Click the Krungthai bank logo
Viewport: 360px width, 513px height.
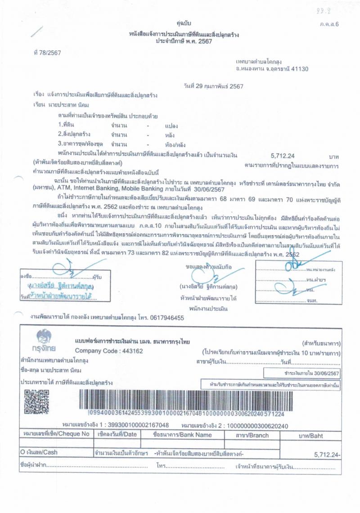point(44,340)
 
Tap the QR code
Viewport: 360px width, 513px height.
point(36,401)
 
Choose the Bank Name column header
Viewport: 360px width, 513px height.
point(182,435)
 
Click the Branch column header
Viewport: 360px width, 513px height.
point(252,435)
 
